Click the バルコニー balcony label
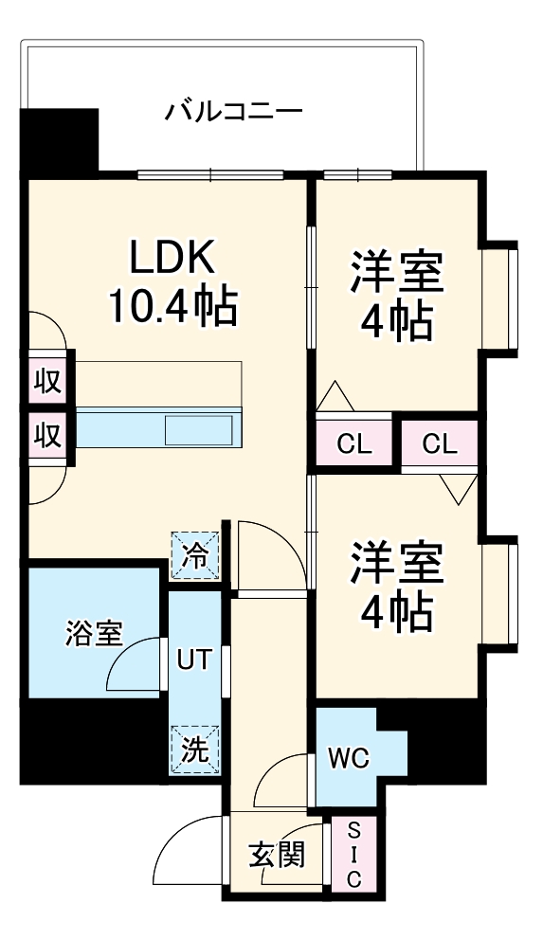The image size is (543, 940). click(x=233, y=112)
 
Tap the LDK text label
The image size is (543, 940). click(x=172, y=258)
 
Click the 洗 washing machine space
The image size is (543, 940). click(x=194, y=749)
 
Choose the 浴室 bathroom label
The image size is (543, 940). click(x=94, y=634)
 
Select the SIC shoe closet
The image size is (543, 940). click(x=353, y=855)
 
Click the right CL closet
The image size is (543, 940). click(x=438, y=443)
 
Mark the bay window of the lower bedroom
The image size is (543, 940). click(x=499, y=589)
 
